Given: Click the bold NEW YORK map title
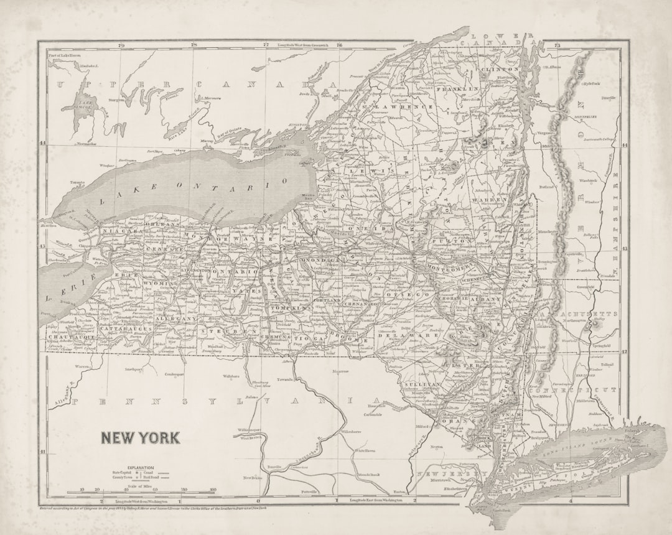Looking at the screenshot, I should point(140,438).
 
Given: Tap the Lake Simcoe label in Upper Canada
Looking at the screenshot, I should point(86,107).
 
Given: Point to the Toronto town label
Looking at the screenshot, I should point(77,183).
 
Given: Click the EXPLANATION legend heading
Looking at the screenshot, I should point(141,467).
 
